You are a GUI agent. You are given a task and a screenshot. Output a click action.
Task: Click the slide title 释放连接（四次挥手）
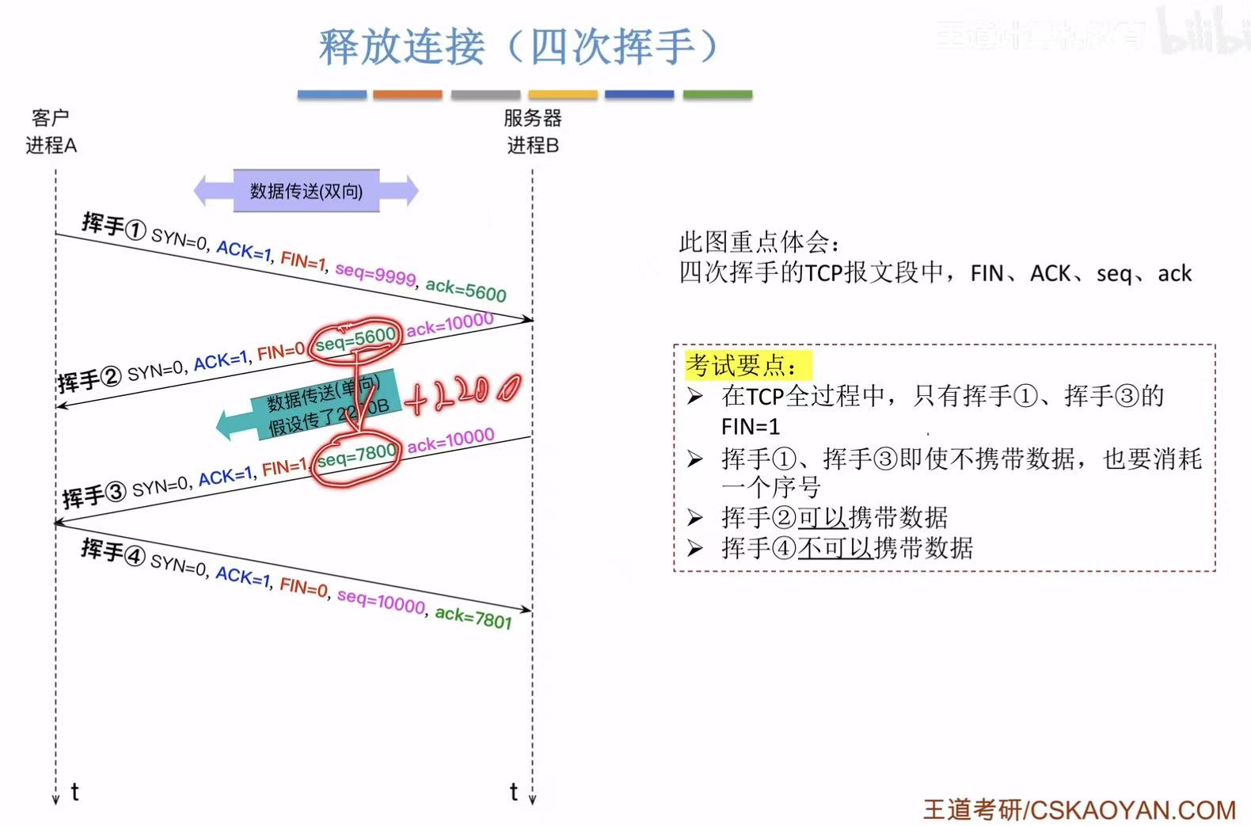pos(519,46)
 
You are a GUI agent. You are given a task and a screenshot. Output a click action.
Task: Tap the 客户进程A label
pos(51,131)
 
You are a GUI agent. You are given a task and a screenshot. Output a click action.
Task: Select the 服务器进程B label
pos(532,131)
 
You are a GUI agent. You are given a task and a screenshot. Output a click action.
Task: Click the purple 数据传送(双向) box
pos(306,191)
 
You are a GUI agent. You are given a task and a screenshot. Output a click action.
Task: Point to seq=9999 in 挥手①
pos(375,273)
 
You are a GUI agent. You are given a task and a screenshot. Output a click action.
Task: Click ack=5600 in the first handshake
pos(466,290)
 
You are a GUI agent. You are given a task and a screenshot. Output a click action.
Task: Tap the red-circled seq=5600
pos(355,340)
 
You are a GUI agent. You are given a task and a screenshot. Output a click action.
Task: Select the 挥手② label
pos(89,379)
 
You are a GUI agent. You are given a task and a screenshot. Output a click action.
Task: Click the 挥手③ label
pos(93,495)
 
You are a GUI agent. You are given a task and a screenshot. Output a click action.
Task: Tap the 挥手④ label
pos(112,551)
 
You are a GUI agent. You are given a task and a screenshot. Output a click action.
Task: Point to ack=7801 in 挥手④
pos(473,617)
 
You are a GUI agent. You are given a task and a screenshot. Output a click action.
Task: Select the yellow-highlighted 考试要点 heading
pos(748,365)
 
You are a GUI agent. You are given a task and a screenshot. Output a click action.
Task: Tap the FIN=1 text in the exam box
pos(750,427)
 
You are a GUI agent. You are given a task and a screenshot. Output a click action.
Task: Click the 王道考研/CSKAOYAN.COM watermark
pos(1079,809)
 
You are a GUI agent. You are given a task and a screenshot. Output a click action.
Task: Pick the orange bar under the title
pos(407,94)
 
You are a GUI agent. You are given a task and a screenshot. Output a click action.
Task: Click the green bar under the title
pos(717,94)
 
